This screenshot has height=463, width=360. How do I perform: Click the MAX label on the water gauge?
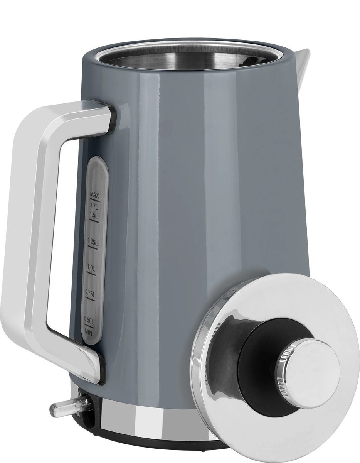pos(94,194)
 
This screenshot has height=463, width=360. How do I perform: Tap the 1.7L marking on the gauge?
pos(94,206)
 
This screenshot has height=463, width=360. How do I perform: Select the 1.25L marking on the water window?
pos(93,242)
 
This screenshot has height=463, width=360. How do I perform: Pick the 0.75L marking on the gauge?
pos(90,293)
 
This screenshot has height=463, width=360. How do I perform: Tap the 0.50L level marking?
pos(89,319)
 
